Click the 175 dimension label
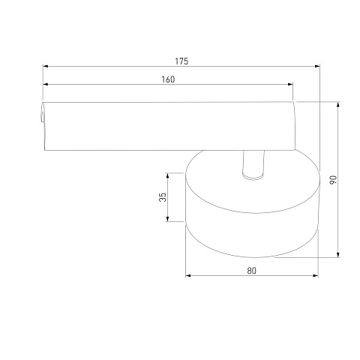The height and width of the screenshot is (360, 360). [x=181, y=61]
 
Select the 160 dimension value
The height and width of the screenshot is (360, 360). [x=168, y=79]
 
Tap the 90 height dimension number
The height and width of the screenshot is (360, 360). [x=333, y=180]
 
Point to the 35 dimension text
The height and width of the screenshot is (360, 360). [x=163, y=197]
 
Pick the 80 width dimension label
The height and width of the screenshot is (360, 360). [x=252, y=271]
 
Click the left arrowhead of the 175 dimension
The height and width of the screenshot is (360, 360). [x=45, y=66]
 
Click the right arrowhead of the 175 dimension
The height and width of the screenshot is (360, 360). [x=317, y=66]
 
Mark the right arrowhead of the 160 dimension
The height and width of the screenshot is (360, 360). [x=290, y=84]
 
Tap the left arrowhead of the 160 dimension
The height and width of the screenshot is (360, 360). [x=45, y=84]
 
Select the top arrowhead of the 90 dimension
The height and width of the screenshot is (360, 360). [x=338, y=104]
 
